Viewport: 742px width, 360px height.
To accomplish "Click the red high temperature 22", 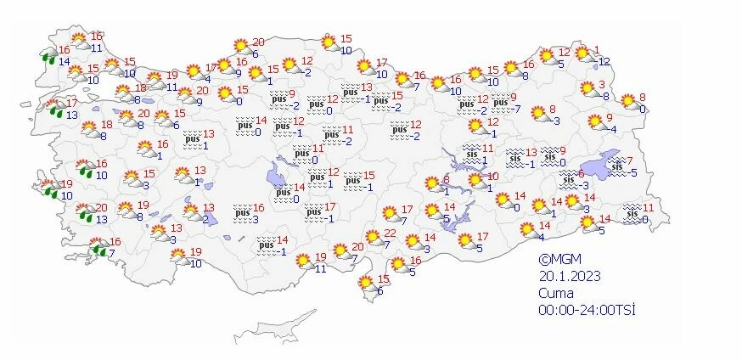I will point(390,233).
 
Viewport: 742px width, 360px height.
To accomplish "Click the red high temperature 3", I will point(602,84).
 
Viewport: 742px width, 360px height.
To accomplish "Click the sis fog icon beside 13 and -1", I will point(514,157).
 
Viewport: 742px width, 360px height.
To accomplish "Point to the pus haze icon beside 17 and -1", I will point(314,211).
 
